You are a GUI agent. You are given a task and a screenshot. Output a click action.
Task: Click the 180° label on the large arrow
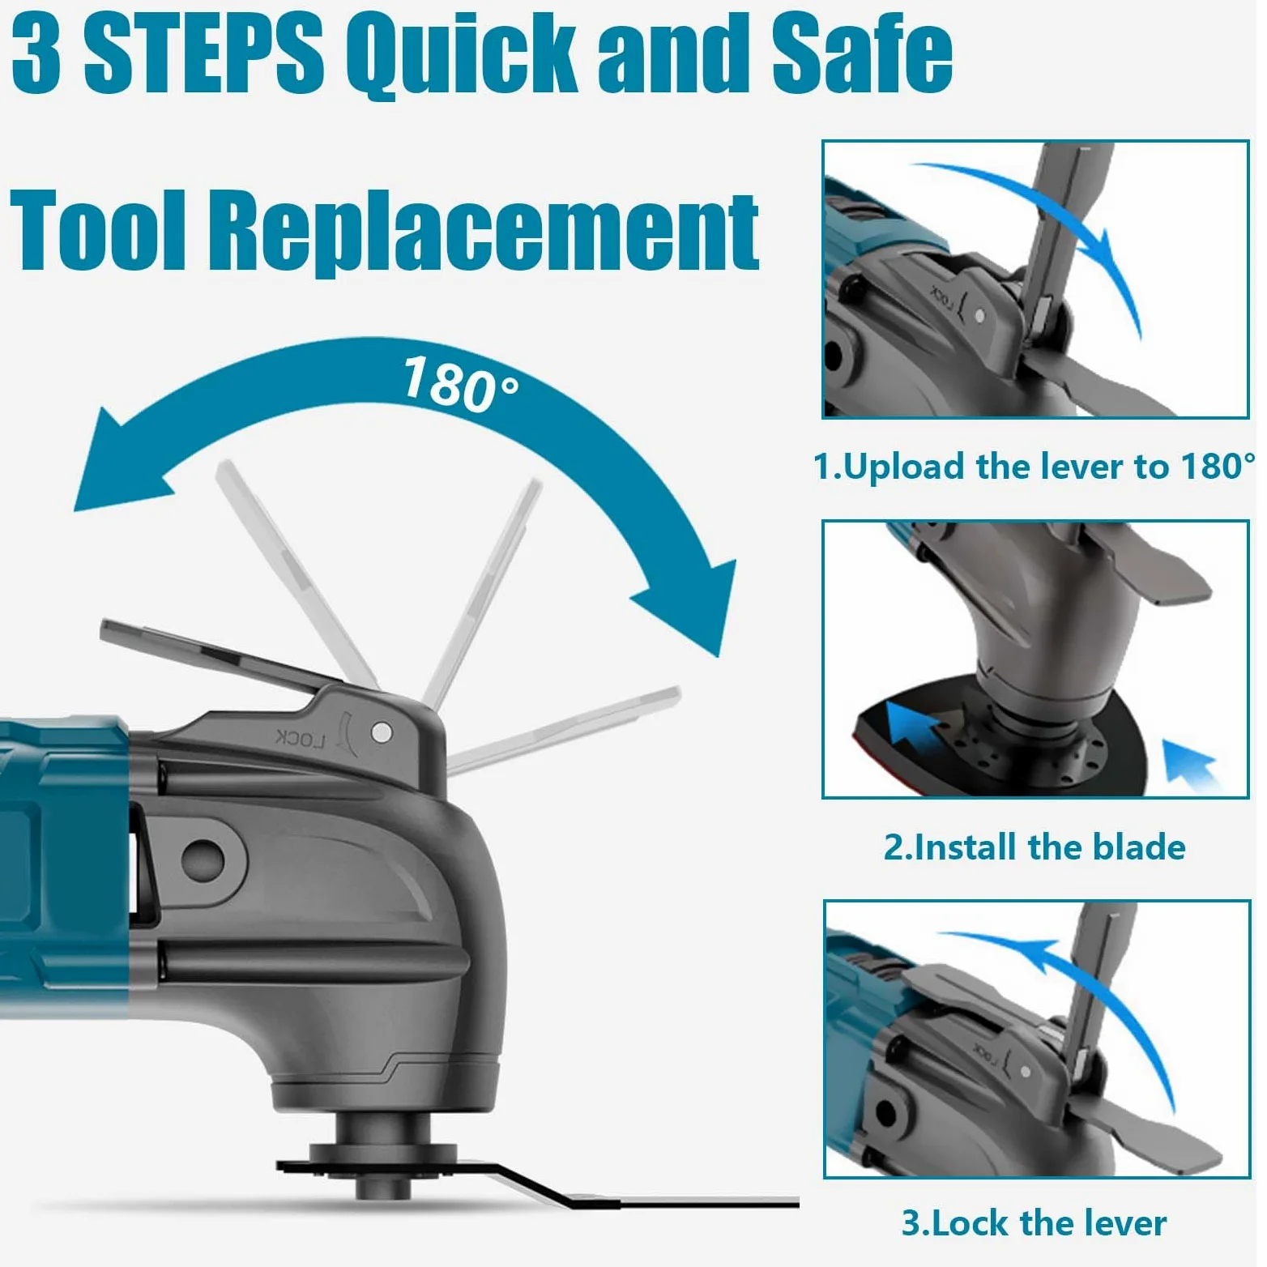coord(460,384)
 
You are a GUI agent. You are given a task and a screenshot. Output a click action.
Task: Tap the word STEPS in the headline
coord(203,53)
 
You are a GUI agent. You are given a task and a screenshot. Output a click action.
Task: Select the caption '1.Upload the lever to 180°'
coord(1035,467)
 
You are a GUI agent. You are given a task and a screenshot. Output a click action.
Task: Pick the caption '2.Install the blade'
coord(1035,847)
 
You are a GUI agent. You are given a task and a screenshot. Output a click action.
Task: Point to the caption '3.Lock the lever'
coord(1035,1222)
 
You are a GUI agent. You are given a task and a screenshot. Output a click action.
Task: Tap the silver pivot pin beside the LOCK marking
coord(382,733)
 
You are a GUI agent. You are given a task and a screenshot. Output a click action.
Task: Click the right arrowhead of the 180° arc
coord(693,604)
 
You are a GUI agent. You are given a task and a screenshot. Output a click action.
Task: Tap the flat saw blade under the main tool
coord(535,1185)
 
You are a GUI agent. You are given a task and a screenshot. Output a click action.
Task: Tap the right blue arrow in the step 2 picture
coord(1191,766)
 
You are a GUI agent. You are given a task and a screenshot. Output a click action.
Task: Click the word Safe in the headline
coord(861,53)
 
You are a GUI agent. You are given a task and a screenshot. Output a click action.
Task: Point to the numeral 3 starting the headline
coord(36,53)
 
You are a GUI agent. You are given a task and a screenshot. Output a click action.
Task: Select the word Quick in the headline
coord(462,57)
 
